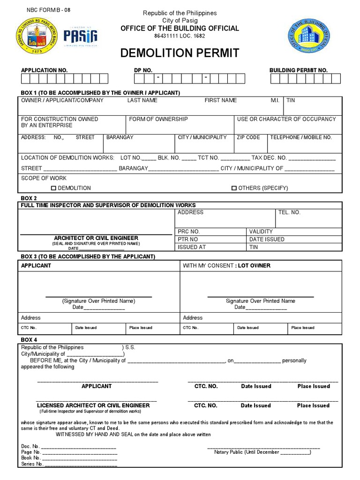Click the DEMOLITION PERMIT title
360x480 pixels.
click(x=180, y=53)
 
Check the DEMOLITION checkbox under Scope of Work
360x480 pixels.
click(x=53, y=188)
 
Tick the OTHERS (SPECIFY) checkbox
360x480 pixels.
click(x=234, y=188)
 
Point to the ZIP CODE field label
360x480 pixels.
click(x=248, y=137)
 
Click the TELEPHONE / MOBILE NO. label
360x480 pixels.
click(x=301, y=137)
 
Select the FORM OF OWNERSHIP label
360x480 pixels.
click(x=158, y=119)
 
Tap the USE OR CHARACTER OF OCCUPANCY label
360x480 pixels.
click(x=286, y=119)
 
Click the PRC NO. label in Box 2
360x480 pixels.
click(x=189, y=232)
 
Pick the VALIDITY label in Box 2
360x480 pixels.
click(x=261, y=232)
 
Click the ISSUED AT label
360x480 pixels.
click(x=192, y=247)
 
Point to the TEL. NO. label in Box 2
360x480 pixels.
click(x=289, y=212)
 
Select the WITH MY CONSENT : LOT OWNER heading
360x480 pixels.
click(x=226, y=265)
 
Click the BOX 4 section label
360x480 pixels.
click(x=29, y=339)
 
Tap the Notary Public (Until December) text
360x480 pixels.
click(x=262, y=452)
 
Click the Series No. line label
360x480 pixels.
click(x=32, y=464)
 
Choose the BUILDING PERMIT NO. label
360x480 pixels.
click(x=298, y=70)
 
